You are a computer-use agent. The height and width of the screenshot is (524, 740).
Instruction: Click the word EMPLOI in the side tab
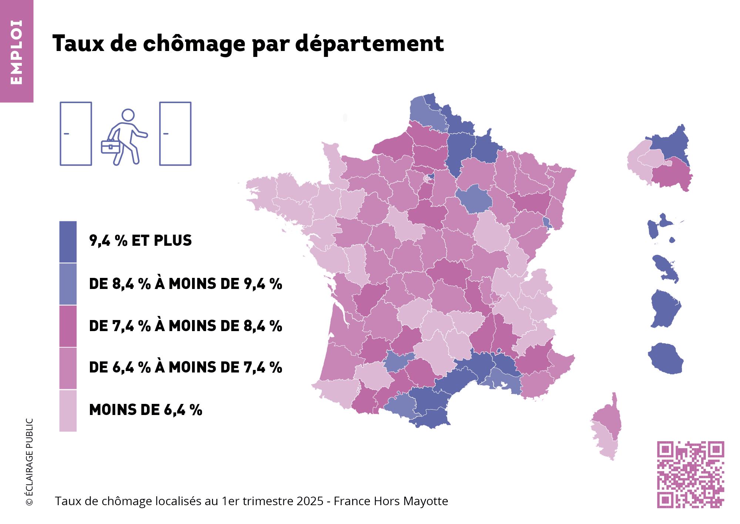(17, 52)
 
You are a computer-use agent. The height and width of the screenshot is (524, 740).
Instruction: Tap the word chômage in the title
(194, 44)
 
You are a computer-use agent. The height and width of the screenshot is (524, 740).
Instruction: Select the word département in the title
(369, 44)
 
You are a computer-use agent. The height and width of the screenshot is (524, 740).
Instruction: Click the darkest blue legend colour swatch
(68, 242)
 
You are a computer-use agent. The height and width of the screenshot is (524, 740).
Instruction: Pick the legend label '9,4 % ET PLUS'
(140, 241)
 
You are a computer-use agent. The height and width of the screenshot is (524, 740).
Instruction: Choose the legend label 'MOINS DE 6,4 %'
(145, 410)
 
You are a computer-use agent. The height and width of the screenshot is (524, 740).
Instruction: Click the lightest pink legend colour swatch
(68, 411)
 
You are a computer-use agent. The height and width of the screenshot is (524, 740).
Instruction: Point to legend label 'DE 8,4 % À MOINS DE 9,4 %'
(185, 284)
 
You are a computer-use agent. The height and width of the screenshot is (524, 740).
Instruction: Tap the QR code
(690, 474)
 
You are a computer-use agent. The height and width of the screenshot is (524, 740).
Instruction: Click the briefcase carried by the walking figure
(110, 147)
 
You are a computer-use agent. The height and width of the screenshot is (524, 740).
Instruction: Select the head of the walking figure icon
(128, 115)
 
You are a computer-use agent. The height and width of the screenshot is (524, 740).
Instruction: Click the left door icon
(76, 134)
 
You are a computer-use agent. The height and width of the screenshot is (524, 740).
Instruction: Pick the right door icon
(175, 134)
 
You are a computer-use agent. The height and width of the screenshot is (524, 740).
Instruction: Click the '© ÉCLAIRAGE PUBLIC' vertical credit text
(29, 462)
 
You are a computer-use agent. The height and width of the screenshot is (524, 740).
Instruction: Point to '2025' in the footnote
(310, 501)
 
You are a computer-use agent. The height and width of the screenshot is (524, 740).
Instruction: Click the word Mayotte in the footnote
(425, 501)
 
